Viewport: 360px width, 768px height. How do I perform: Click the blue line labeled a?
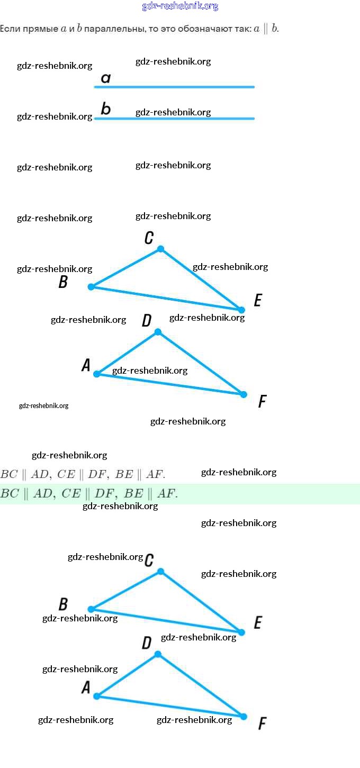click(175, 87)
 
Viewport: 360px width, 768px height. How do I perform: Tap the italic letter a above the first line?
click(106, 78)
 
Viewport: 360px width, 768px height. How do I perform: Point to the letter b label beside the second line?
click(106, 110)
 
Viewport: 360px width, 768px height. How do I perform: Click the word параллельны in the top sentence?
click(109, 29)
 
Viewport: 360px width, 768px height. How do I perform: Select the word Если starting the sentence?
click(10, 29)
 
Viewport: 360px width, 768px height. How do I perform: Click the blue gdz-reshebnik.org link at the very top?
click(180, 6)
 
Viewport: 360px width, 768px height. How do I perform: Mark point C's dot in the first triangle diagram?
click(161, 249)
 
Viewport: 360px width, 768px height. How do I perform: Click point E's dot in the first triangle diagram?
click(241, 310)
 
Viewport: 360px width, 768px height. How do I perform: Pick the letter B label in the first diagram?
click(63, 282)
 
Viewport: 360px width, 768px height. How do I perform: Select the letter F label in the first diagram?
click(262, 402)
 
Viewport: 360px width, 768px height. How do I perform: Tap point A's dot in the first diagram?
click(97, 374)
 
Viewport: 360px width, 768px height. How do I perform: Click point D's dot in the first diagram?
click(158, 332)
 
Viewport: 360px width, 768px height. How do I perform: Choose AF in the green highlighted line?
click(166, 494)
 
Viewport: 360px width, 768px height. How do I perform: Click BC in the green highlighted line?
click(10, 494)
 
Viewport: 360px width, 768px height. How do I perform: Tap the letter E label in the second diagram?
click(258, 622)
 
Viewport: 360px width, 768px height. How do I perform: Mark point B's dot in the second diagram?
click(91, 609)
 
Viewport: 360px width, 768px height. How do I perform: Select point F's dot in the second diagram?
click(244, 717)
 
